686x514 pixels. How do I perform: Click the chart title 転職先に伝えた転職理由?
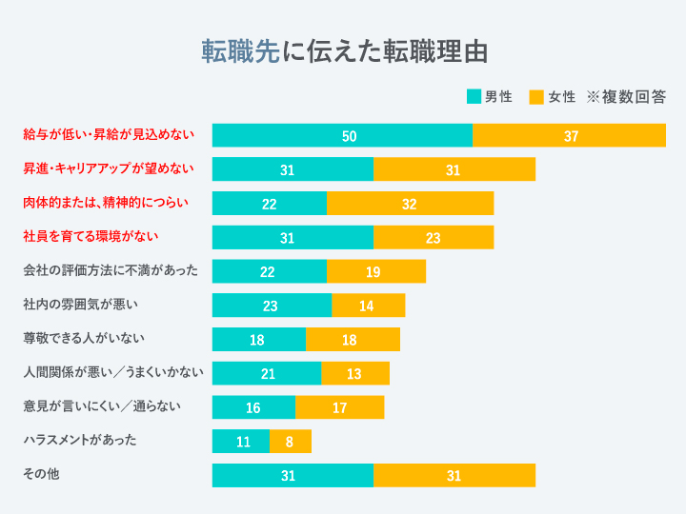click(342, 50)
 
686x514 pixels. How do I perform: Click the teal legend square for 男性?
click(474, 97)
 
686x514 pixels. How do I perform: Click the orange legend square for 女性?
click(536, 97)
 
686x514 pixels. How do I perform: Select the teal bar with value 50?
click(342, 135)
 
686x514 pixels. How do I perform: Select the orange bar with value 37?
click(569, 135)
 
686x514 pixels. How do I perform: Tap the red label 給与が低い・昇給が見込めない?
click(109, 134)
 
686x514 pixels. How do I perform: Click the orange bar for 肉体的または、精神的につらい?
click(410, 203)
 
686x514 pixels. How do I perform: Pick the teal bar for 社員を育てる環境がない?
click(293, 237)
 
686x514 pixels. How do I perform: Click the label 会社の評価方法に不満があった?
click(111, 270)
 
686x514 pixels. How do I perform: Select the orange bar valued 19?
click(375, 271)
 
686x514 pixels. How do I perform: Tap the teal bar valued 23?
click(272, 306)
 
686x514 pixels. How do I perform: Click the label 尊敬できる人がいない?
click(84, 338)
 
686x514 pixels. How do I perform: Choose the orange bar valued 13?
click(354, 373)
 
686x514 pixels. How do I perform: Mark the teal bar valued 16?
click(253, 407)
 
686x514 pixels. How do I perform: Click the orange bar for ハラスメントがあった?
click(291, 442)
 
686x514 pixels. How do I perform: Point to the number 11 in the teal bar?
click(243, 442)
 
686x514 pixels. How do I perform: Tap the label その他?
click(41, 473)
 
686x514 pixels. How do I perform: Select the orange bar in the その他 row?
click(454, 475)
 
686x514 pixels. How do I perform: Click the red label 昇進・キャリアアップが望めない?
click(109, 168)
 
